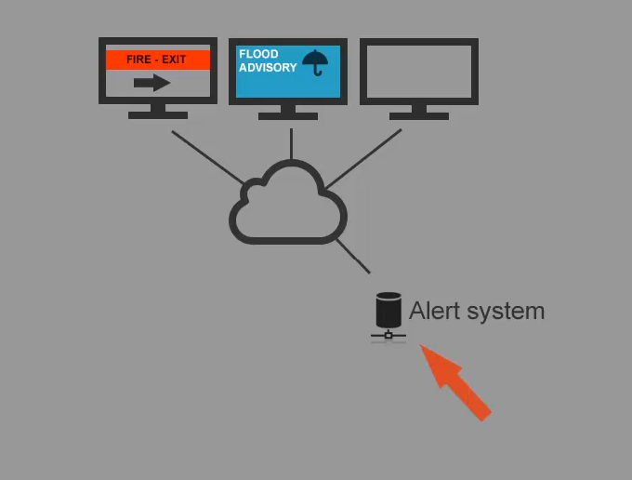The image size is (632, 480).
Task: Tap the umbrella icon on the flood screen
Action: click(316, 62)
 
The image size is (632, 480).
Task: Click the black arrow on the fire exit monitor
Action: click(151, 83)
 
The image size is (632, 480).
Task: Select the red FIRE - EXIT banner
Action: click(157, 60)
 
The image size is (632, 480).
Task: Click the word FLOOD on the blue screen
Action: click(258, 55)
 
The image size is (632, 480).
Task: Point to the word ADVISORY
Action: click(268, 68)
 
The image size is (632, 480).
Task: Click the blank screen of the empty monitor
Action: click(418, 72)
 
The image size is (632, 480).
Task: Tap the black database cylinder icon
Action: click(388, 310)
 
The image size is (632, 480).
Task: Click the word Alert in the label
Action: click(434, 311)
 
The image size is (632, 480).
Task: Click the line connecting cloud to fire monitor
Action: click(206, 156)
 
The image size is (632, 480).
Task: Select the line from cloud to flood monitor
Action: click(291, 144)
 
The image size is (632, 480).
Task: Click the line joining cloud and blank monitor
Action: click(364, 158)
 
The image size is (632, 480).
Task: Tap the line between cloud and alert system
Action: click(353, 256)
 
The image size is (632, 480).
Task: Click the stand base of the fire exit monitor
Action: click(157, 115)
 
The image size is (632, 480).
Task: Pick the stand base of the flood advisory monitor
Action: click(287, 116)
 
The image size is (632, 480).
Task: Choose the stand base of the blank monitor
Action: click(418, 116)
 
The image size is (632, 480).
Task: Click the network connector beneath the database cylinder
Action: click(388, 334)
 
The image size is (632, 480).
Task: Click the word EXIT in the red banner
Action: click(174, 60)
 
